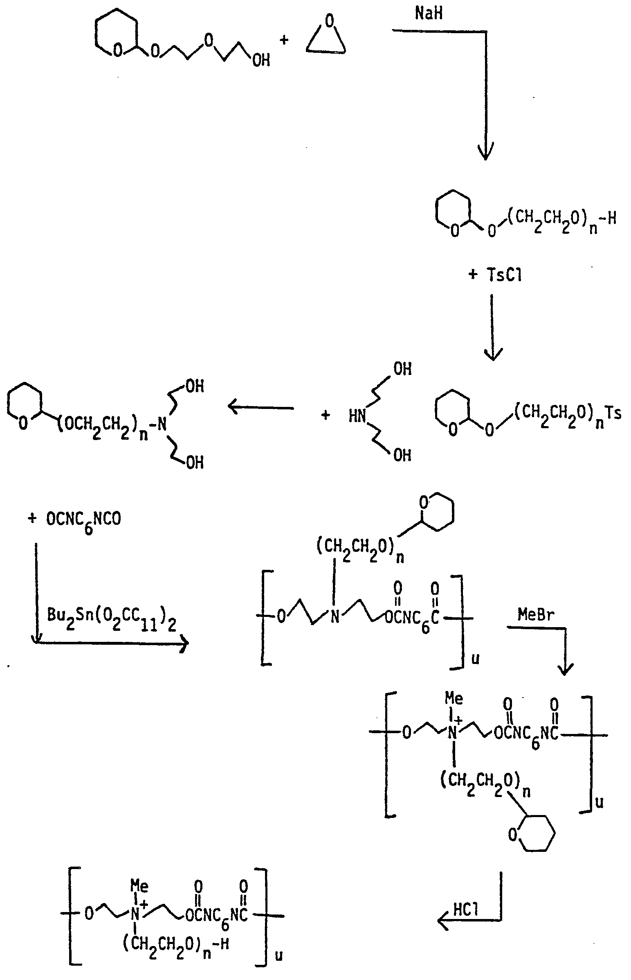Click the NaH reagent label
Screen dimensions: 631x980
coord(429,14)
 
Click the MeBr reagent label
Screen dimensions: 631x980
coord(536,614)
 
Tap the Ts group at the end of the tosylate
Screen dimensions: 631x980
coord(613,413)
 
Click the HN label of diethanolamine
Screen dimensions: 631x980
coord(357,417)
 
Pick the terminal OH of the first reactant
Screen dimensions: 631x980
coord(261,60)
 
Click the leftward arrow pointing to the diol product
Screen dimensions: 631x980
coord(260,408)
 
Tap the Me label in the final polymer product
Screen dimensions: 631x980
coord(139,887)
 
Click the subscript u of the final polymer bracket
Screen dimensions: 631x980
coord(278,956)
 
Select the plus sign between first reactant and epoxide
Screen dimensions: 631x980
coord(283,40)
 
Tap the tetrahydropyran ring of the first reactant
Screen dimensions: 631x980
coord(114,32)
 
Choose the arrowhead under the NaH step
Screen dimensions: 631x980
coord(486,150)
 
